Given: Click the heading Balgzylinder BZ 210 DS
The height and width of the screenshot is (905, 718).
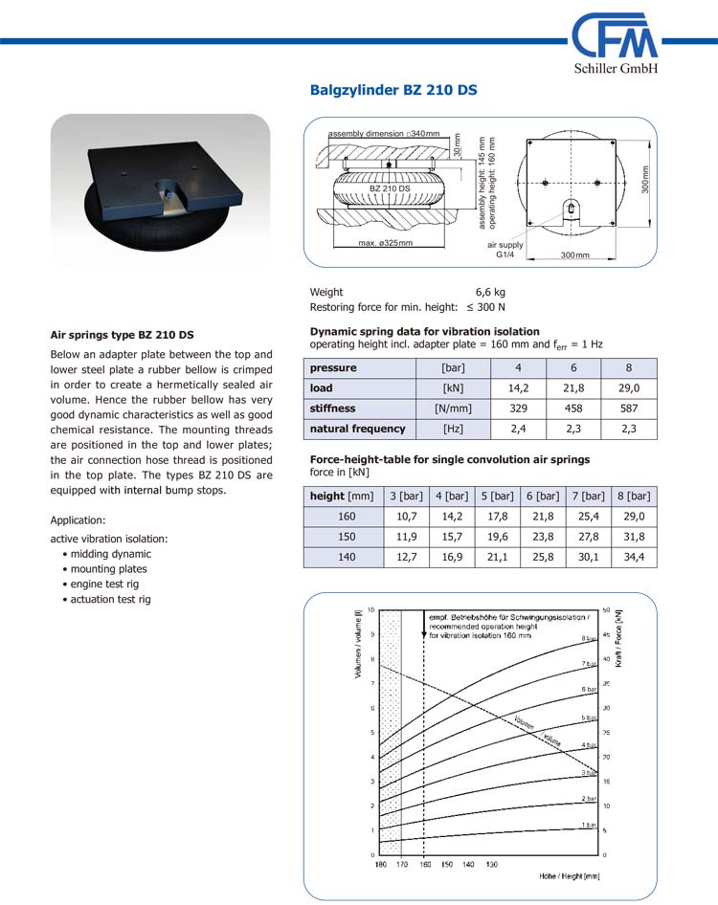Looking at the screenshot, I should [393, 91].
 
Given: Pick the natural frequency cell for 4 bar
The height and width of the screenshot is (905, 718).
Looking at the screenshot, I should [518, 429].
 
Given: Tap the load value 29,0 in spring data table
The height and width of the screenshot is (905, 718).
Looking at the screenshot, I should [628, 388].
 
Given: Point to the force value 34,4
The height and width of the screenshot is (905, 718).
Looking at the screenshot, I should [633, 557].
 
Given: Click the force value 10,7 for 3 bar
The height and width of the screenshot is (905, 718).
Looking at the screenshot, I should [406, 517].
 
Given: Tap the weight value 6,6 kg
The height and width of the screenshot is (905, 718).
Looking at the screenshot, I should [490, 292].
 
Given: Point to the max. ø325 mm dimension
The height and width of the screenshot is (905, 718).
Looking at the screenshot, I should [385, 243].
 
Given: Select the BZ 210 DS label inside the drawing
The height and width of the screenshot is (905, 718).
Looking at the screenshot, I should [390, 188].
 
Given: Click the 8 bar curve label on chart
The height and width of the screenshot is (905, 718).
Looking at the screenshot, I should [588, 638].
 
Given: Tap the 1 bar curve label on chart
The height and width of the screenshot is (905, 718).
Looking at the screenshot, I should [588, 825].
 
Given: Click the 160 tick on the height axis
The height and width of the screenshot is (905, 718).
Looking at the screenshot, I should [425, 864].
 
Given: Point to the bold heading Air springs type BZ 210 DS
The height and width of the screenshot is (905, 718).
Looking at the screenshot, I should [122, 335].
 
